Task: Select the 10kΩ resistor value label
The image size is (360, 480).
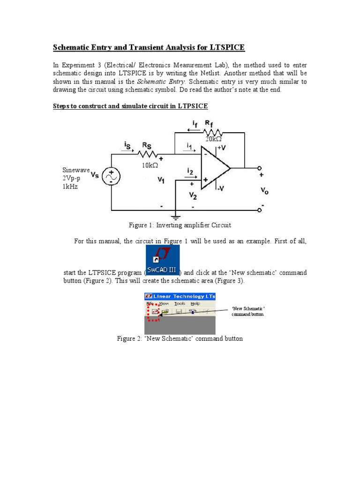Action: point(151,165)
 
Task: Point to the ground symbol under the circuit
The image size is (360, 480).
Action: point(175,216)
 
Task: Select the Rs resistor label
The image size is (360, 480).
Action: point(147,146)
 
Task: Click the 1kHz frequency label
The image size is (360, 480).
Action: point(70,186)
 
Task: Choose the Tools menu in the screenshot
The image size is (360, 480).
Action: point(180,304)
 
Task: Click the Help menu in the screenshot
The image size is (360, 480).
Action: point(195,304)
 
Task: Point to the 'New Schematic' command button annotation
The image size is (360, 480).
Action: point(248,311)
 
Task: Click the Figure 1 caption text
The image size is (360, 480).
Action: point(180,225)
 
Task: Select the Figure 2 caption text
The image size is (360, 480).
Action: point(180,338)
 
